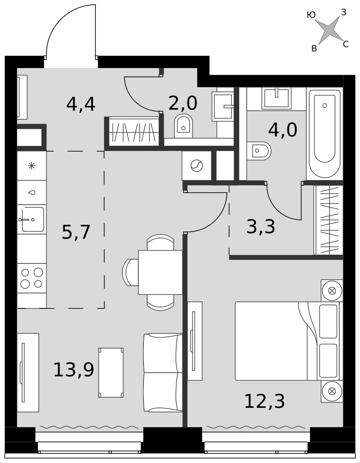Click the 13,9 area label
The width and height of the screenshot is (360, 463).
pyautogui.click(x=74, y=369)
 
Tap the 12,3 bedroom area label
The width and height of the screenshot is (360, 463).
pyautogui.click(x=265, y=401)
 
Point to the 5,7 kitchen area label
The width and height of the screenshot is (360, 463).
pyautogui.click(x=76, y=232)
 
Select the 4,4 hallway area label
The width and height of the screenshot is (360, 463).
pyautogui.click(x=81, y=104)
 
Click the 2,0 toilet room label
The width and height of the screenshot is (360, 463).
pyautogui.click(x=183, y=103)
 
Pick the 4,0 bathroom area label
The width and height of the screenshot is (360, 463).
pyautogui.click(x=283, y=130)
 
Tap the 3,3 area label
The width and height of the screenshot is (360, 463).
pyautogui.click(x=261, y=227)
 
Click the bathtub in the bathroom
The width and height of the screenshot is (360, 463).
pyautogui.click(x=324, y=134)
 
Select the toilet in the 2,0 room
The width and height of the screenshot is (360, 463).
pyautogui.click(x=184, y=126)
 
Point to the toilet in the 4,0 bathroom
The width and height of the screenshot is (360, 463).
pyautogui.click(x=259, y=151)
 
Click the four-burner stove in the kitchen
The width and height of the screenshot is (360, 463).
pyautogui.click(x=31, y=278)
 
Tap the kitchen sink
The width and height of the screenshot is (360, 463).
pyautogui.click(x=31, y=219)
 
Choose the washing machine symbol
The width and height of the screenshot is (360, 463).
pyautogui.click(x=197, y=166)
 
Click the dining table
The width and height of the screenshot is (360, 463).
pyautogui.click(x=160, y=272)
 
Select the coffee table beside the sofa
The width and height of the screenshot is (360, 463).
pyautogui.click(x=111, y=372)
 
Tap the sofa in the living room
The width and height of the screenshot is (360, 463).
pyautogui.click(x=162, y=372)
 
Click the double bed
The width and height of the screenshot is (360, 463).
pyautogui.click(x=289, y=341)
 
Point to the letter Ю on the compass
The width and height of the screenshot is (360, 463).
pyautogui.click(x=311, y=15)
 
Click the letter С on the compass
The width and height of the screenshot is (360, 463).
pyautogui.click(x=346, y=44)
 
